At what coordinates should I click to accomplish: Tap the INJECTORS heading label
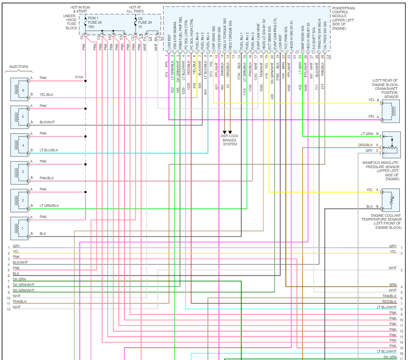coord(19,67)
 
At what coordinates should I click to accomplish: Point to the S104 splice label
coord(79,77)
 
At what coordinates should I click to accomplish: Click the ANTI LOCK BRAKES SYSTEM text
coord(230,140)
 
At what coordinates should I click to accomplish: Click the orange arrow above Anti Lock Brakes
coord(230,132)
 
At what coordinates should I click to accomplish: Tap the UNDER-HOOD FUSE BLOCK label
coord(69,22)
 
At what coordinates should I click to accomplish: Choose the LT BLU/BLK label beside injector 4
coord(49,151)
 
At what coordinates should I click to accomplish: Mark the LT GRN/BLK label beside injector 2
coord(49,206)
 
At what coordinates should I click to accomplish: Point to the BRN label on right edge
coord(393,285)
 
